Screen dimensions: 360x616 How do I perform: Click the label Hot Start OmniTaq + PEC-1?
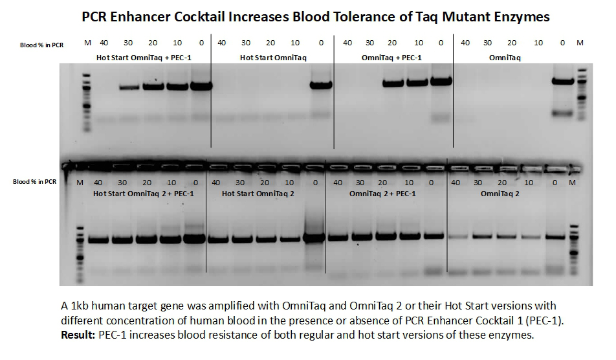(x=144, y=58)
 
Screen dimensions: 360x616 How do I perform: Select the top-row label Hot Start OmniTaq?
(x=272, y=58)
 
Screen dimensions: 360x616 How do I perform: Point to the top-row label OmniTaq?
(x=505, y=58)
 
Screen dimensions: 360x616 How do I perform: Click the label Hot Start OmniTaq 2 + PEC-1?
(x=143, y=193)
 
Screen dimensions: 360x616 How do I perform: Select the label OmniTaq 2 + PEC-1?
(x=382, y=193)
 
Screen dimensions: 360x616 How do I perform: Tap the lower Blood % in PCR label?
(x=35, y=182)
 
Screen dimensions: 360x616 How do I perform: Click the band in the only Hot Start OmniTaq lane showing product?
(x=320, y=85)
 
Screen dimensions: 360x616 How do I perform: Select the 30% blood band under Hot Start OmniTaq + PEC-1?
(x=129, y=86)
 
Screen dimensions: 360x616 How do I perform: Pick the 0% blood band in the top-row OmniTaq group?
(x=563, y=81)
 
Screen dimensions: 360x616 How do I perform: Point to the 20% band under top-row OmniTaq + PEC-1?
(x=393, y=84)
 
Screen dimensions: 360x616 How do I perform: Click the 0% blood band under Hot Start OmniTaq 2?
(x=314, y=238)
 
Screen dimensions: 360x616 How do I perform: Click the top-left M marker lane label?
(x=87, y=43)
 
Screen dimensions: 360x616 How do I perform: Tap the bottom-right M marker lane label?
(x=571, y=183)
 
